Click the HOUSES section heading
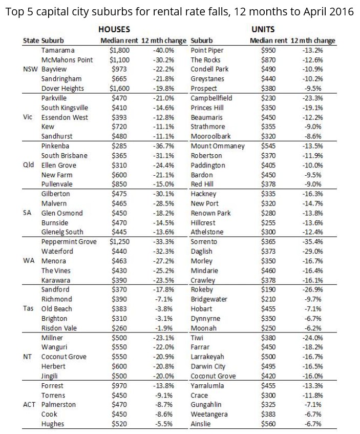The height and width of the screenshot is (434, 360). [x=114, y=30]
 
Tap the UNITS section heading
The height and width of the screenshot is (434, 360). [x=264, y=30]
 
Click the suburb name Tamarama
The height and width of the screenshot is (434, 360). [x=58, y=50]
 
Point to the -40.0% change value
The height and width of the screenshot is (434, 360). [x=163, y=50]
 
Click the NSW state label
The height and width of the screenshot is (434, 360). [x=31, y=69]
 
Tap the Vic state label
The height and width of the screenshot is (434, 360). [x=29, y=117]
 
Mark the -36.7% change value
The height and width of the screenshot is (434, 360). [x=163, y=146]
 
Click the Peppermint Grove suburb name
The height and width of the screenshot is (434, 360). [x=69, y=242]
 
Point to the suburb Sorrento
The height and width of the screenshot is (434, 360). [x=203, y=242]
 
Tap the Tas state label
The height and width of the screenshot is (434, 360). [x=29, y=309]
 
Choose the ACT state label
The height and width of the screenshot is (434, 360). [x=30, y=405]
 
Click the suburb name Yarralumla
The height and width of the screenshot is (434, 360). [x=207, y=386]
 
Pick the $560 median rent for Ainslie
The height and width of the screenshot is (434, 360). [x=268, y=424]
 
